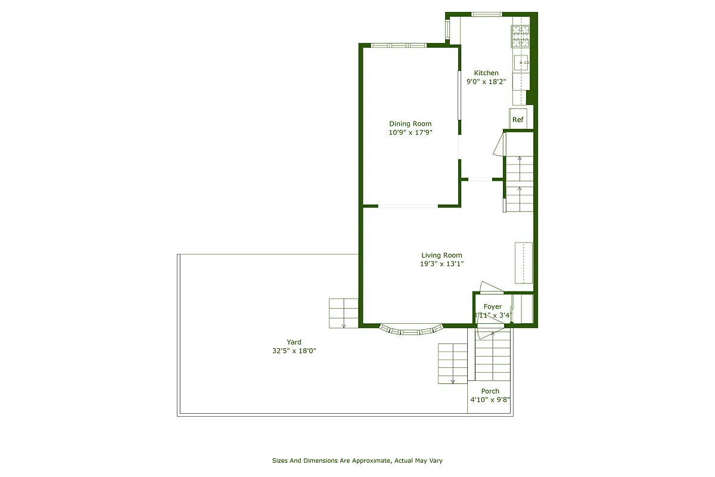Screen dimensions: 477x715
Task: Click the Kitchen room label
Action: [486, 73]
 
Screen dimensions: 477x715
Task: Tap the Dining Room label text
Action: [410, 124]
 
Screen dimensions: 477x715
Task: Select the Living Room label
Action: [442, 255]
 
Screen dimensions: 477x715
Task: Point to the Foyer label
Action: [493, 306]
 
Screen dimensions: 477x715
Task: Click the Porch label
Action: [490, 391]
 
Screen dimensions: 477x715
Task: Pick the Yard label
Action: [294, 342]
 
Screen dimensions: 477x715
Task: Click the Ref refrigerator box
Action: [518, 119]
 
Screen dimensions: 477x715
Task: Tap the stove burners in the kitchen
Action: [520, 36]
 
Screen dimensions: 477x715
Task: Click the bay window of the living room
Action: [412, 330]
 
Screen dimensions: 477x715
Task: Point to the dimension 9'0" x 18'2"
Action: [486, 82]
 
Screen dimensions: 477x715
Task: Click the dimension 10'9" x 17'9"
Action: [410, 133]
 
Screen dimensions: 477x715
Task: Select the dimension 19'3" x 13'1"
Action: [442, 264]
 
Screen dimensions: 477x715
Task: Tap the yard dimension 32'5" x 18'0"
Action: [294, 351]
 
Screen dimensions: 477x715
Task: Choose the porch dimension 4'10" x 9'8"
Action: [490, 400]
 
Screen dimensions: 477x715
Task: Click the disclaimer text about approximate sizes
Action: [357, 460]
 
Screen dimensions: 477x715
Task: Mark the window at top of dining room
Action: [399, 45]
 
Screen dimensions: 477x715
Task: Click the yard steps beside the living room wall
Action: [343, 313]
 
